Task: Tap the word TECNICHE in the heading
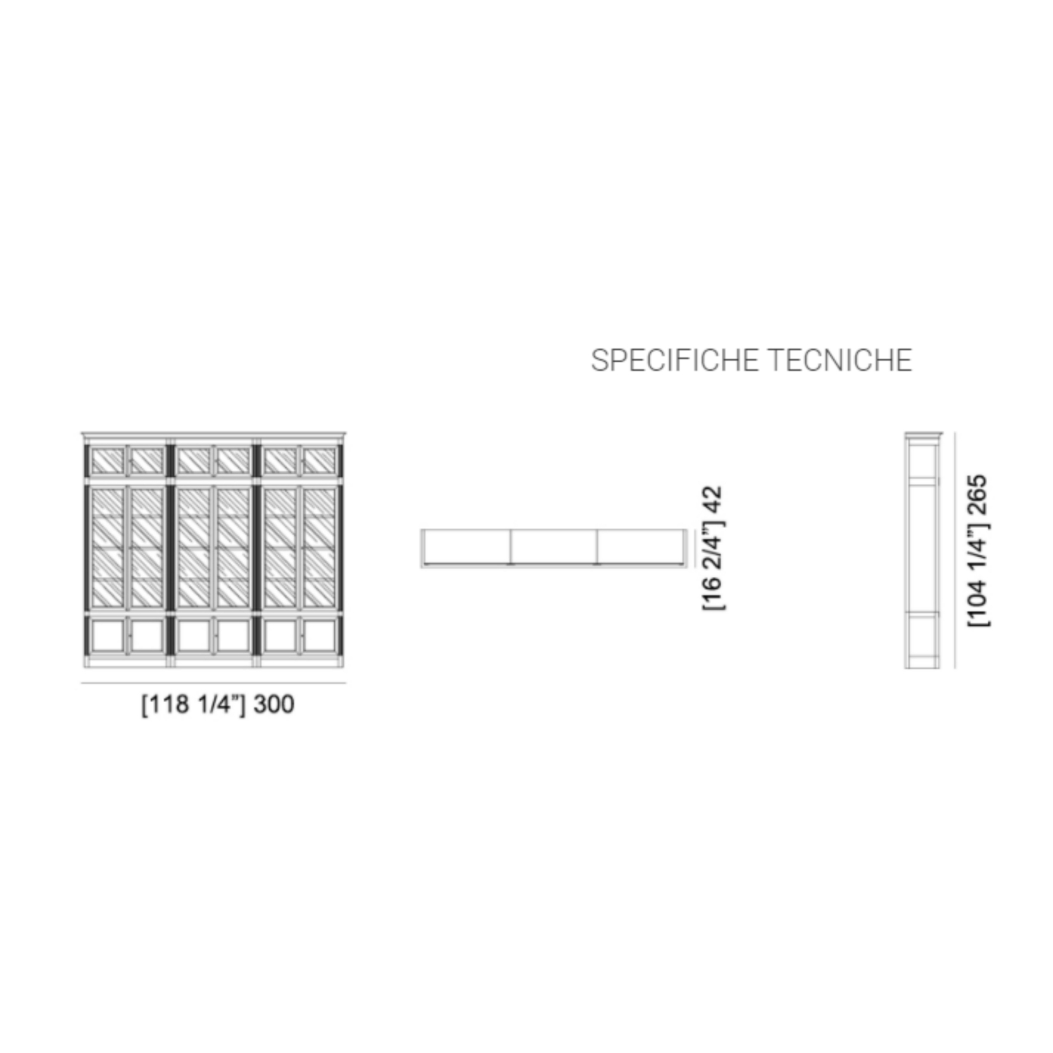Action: click(x=841, y=360)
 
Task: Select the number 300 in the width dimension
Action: click(x=274, y=704)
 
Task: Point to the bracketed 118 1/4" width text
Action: click(x=194, y=705)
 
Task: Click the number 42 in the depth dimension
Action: click(x=713, y=500)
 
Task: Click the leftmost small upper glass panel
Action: click(x=108, y=461)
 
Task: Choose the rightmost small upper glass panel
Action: click(x=320, y=461)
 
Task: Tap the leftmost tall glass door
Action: click(x=108, y=548)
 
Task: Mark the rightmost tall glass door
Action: click(x=320, y=548)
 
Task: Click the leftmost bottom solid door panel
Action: click(x=108, y=636)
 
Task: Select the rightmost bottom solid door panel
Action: click(x=320, y=636)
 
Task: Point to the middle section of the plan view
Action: click(x=553, y=546)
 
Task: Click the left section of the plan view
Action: click(x=467, y=546)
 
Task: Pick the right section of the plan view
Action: click(x=640, y=546)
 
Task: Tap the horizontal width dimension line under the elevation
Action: click(x=213, y=683)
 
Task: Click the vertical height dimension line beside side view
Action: click(x=955, y=550)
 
